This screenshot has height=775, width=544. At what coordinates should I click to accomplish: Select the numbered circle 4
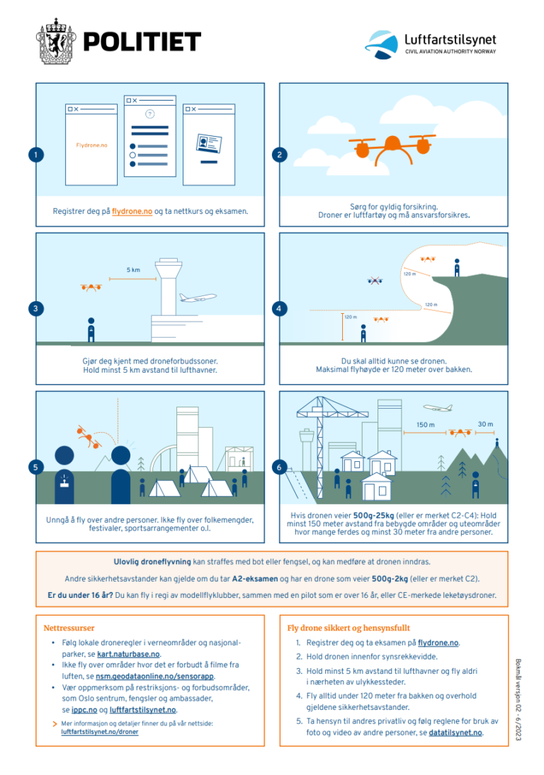(x=279, y=308)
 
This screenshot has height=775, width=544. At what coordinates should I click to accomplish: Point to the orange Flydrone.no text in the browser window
(x=91, y=145)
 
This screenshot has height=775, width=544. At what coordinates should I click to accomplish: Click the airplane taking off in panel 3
(x=198, y=298)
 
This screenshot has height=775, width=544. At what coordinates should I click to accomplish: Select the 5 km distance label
(x=133, y=269)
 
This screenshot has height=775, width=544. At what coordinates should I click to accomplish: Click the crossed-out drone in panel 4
(x=375, y=281)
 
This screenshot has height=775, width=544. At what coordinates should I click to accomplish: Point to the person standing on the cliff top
(x=457, y=267)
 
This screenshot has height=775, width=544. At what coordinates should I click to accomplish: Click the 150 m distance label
(x=426, y=424)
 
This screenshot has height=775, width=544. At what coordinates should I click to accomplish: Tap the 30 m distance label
(x=484, y=424)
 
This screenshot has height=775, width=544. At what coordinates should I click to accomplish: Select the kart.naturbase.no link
(x=127, y=654)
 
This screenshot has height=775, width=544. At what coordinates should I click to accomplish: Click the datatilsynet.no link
(x=455, y=732)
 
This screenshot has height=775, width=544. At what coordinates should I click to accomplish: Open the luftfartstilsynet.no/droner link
(x=100, y=732)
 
